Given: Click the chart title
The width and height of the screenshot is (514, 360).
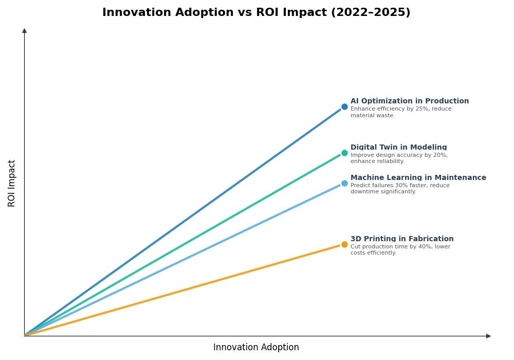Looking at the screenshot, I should click(x=256, y=12).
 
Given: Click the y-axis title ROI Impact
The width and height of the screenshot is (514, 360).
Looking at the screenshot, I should click(x=12, y=183).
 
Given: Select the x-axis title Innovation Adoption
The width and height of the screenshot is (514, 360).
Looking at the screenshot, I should click(x=256, y=348).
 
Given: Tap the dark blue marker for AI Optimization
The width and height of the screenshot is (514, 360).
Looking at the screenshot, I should click(x=344, y=107).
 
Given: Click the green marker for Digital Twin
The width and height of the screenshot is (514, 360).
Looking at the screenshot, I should click(x=344, y=153).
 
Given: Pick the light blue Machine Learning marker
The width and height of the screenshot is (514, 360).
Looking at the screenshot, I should click(x=344, y=183).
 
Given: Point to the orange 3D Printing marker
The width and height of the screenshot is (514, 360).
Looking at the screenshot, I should click(x=344, y=244).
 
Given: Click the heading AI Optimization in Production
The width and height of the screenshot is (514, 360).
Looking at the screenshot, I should click(x=410, y=101).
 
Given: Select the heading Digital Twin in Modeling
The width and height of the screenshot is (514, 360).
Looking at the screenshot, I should click(x=398, y=148).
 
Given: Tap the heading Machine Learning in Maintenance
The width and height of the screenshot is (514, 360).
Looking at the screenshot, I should click(x=418, y=178).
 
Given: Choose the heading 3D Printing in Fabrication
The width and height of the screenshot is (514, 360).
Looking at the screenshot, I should click(x=402, y=239).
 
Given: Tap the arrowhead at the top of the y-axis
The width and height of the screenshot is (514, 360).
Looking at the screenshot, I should click(x=24, y=31).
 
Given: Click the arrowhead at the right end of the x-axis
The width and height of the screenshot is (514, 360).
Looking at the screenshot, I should click(x=488, y=336).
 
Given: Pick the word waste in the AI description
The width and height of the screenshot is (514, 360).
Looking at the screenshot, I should click(x=387, y=116).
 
